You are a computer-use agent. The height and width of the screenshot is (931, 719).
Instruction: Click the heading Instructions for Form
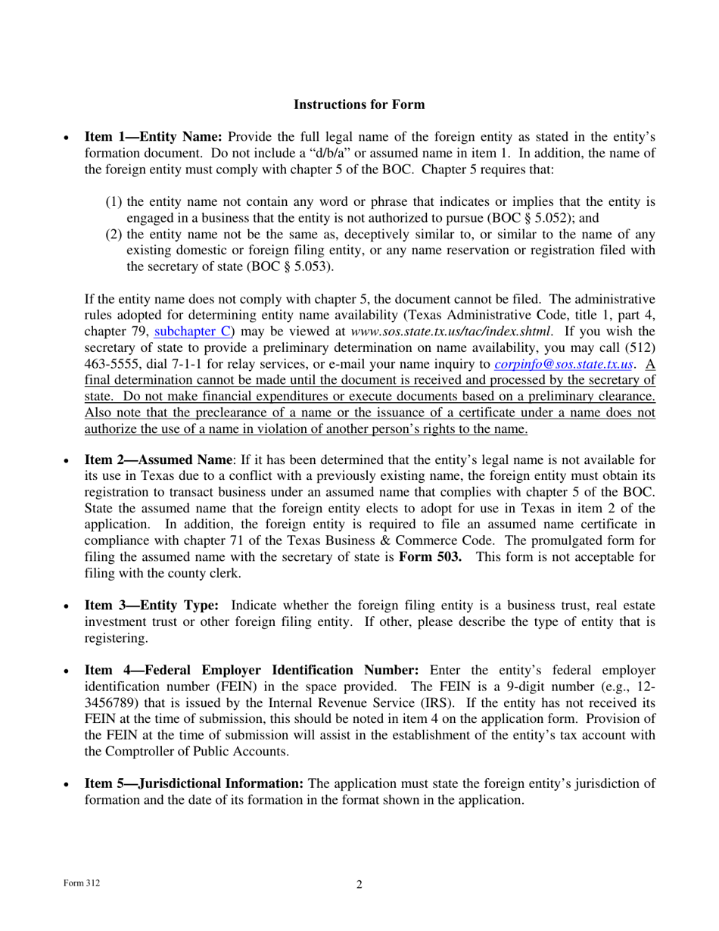click(359, 104)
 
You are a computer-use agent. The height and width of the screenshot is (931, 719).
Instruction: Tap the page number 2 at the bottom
click(359, 885)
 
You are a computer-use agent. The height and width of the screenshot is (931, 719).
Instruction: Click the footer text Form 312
click(80, 883)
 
